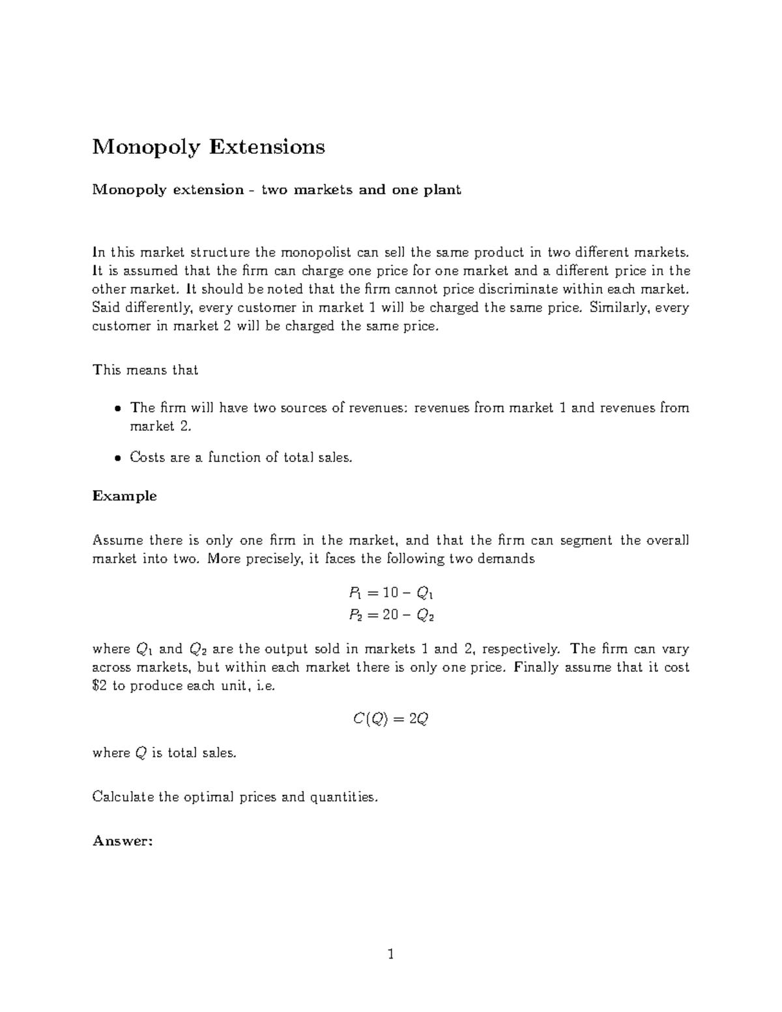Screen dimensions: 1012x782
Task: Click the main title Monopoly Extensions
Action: point(208,147)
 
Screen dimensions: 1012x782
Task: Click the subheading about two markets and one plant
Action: point(276,190)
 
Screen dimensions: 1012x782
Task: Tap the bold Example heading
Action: point(124,496)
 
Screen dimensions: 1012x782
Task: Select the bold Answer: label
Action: point(123,841)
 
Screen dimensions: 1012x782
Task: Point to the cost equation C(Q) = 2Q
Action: point(390,719)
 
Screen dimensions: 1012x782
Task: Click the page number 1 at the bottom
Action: point(390,955)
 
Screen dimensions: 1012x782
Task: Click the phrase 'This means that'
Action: point(145,370)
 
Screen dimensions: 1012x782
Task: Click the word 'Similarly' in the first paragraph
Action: point(618,308)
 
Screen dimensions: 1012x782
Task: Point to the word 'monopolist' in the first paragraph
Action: point(313,252)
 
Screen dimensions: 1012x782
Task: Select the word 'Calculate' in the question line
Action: point(123,797)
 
